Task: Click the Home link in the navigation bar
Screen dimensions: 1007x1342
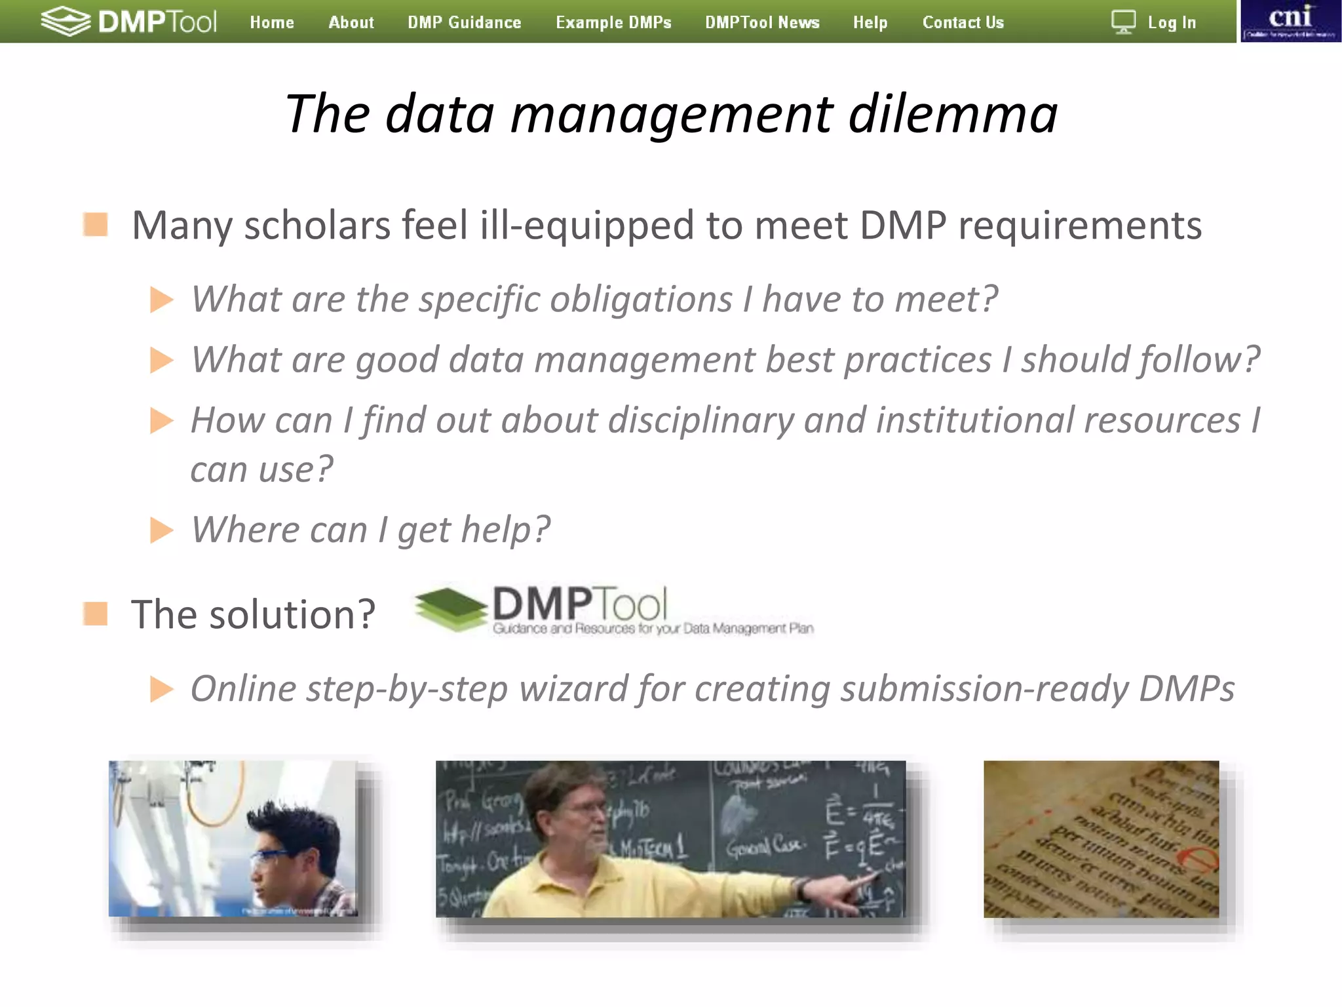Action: coord(272,22)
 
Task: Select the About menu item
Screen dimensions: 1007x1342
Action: coord(351,22)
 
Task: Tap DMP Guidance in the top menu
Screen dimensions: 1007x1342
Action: coord(465,22)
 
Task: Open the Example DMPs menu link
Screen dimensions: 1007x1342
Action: coord(613,22)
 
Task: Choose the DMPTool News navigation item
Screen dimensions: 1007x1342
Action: coord(762,22)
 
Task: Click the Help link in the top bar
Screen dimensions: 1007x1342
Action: coord(870,22)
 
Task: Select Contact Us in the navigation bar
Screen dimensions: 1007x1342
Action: coord(963,22)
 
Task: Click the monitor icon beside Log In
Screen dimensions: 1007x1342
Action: coord(1123,22)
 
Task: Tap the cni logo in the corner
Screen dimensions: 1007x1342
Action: coord(1290,21)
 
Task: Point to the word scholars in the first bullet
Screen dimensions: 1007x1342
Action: coord(316,226)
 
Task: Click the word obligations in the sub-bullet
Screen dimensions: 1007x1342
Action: coord(641,300)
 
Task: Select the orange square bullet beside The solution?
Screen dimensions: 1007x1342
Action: coord(96,614)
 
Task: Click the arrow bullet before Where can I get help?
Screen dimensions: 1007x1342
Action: coord(161,530)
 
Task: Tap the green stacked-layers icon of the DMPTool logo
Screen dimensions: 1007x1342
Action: coord(451,609)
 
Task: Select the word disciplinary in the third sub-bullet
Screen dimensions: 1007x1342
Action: coord(700,420)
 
